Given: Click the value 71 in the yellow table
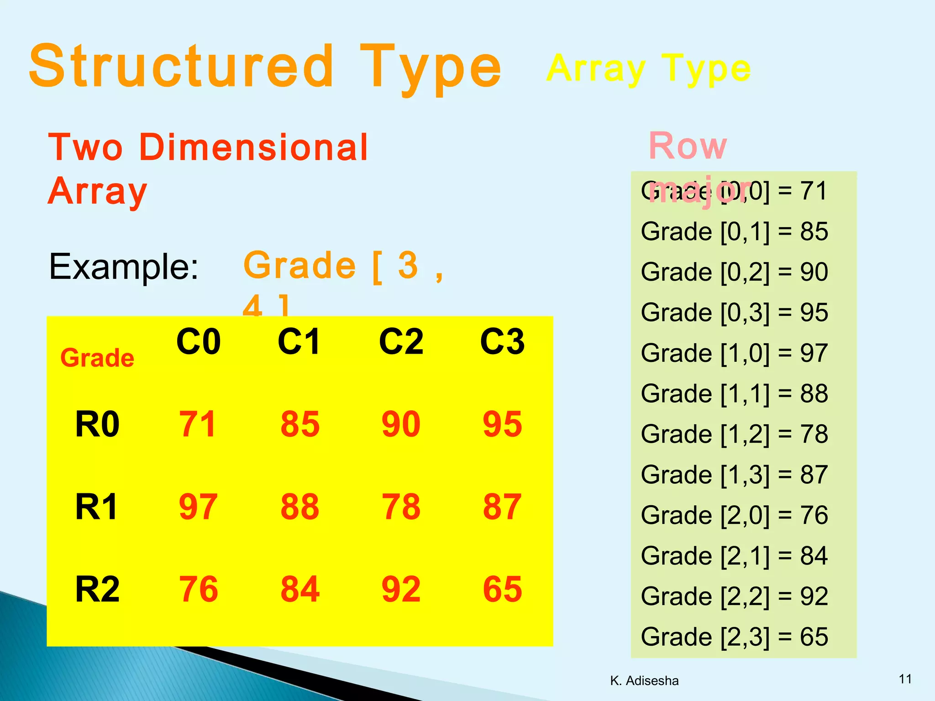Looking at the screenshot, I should coord(197,424).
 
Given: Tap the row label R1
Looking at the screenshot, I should coord(97,507).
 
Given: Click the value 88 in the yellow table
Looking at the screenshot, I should coord(299,507).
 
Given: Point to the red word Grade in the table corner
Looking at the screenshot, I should coord(97,357).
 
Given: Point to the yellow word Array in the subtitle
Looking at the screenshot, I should coord(596,68).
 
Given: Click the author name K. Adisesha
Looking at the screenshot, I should coord(644,680).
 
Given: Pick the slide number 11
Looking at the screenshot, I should coord(905,679).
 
